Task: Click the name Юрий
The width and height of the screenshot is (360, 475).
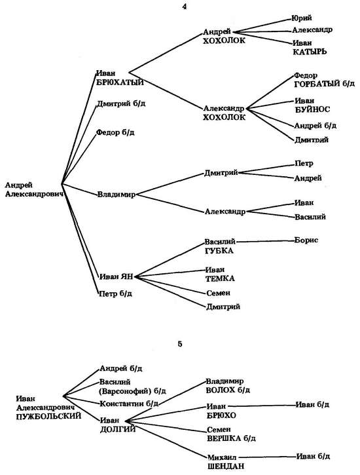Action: [301, 18]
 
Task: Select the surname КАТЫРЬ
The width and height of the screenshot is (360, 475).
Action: [310, 52]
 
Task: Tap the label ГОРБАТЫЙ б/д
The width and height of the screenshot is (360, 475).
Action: [324, 84]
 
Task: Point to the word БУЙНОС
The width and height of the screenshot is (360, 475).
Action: [312, 109]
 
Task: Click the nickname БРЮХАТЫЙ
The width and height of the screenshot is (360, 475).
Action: [120, 83]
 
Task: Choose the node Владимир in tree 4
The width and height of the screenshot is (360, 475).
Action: [116, 195]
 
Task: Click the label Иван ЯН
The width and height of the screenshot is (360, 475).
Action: [117, 276]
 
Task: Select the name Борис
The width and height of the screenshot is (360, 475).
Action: [306, 240]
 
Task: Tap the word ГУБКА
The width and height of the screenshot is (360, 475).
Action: [219, 251]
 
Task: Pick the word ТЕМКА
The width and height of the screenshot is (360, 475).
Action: [220, 278]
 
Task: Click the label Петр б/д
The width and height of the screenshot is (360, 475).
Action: [116, 294]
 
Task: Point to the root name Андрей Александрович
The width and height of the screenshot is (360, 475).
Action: [34, 189]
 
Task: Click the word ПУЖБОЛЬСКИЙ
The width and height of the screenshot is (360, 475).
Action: [48, 416]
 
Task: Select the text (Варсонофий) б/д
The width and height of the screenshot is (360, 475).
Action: [132, 391]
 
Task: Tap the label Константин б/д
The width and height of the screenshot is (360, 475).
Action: [129, 404]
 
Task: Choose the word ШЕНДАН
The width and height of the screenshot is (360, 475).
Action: [226, 466]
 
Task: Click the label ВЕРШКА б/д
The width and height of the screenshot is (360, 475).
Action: [231, 438]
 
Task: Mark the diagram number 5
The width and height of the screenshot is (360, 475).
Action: [180, 344]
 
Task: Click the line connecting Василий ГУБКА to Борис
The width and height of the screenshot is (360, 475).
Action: [265, 242]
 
